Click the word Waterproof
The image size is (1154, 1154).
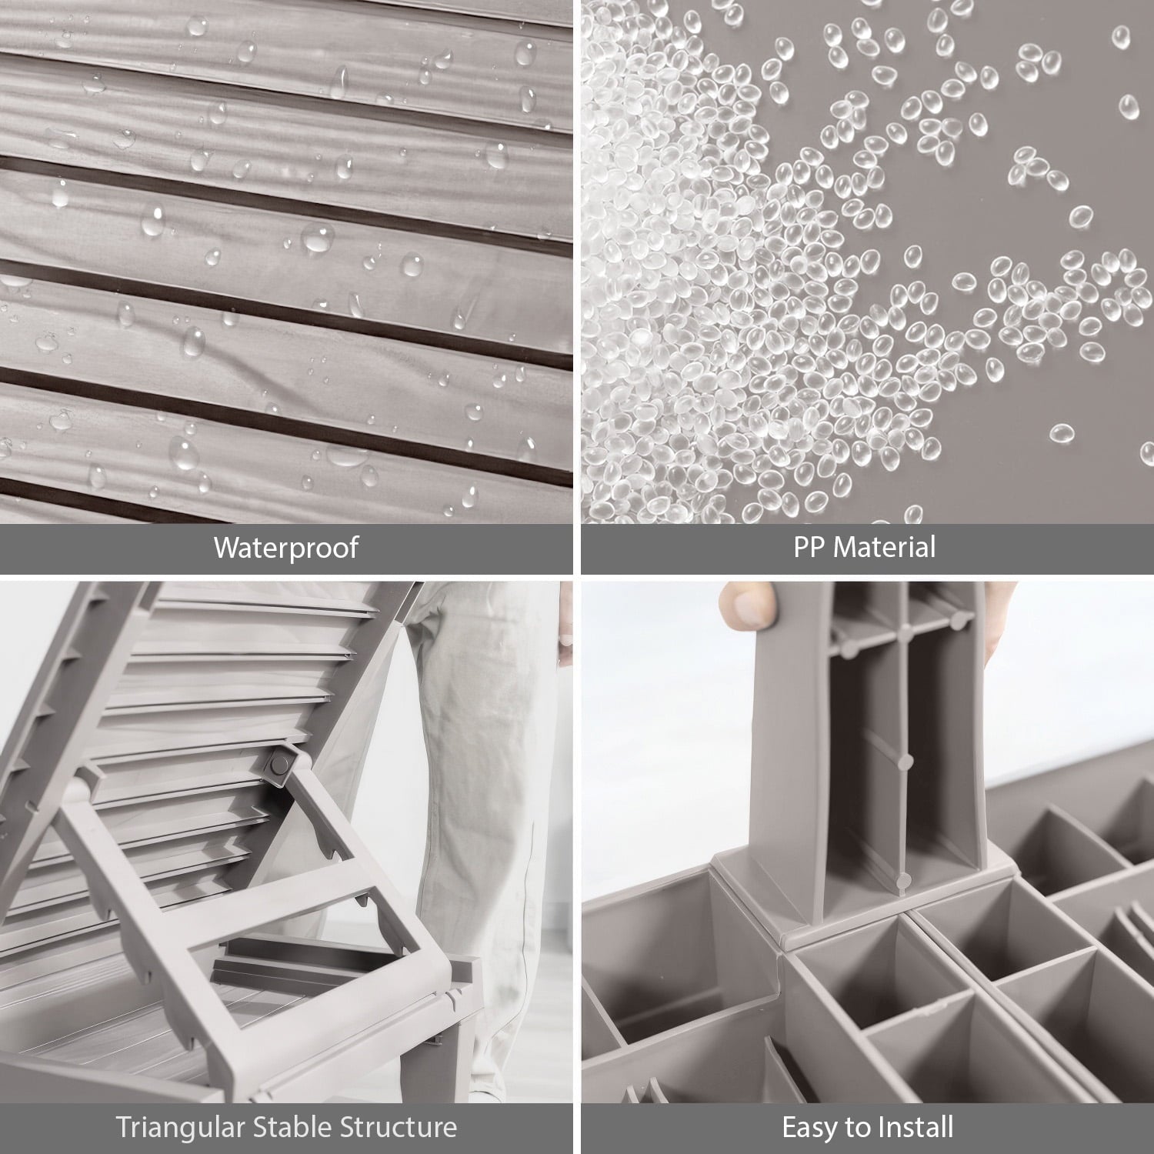tap(286, 548)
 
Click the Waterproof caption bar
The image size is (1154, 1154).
tap(286, 549)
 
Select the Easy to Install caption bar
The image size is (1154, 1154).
tap(868, 1129)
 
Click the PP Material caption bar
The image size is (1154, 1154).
tap(868, 549)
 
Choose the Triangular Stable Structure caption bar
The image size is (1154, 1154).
tap(286, 1129)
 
